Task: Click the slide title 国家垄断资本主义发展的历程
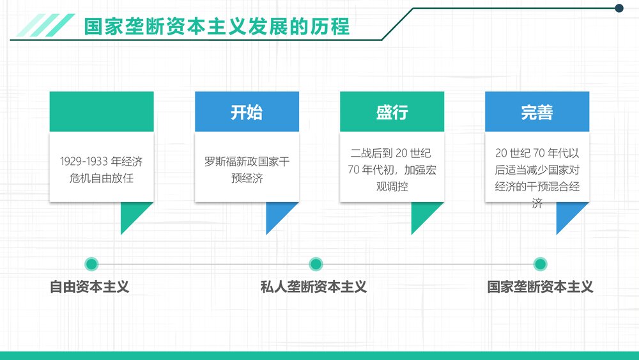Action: pos(217,26)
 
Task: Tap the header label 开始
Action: pos(247,112)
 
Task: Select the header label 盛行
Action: pos(392,112)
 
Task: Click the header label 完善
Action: pos(537,112)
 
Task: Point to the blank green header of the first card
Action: pos(102,111)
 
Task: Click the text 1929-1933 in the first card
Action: pos(84,161)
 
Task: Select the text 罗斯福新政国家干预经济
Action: pos(247,169)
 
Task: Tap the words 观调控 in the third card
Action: pos(392,186)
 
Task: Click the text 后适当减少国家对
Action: pos(537,169)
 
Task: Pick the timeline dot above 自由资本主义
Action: pos(91,264)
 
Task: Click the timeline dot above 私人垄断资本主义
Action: pos(316,264)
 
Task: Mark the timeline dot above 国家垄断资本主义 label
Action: pos(540,264)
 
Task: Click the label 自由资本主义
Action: pos(89,286)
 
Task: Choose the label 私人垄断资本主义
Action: pos(314,286)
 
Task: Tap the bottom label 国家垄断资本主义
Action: pos(541,286)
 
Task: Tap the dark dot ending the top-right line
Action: pos(619,8)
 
